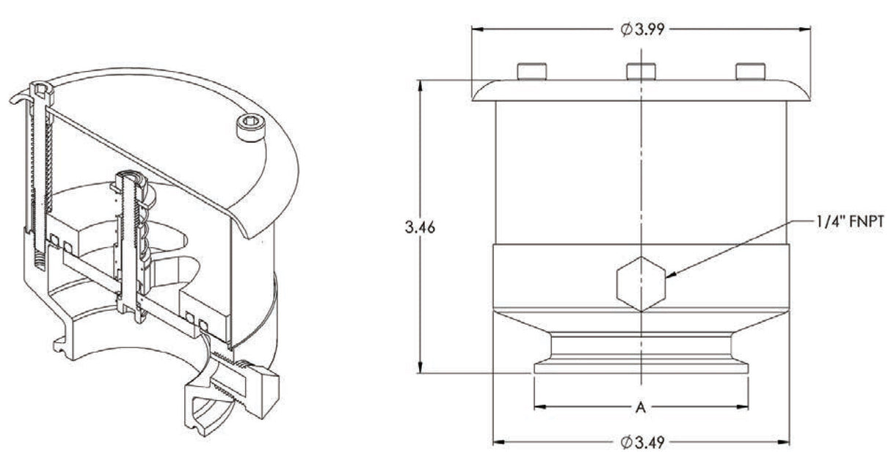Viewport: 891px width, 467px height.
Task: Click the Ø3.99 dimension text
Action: [x=641, y=29]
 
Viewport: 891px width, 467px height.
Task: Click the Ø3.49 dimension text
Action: [x=641, y=443]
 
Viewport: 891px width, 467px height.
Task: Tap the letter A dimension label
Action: [x=641, y=408]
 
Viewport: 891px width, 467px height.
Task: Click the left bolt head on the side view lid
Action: [x=533, y=72]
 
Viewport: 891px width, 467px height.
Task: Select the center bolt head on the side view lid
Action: [x=641, y=72]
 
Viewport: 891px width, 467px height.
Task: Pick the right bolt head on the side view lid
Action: [x=750, y=72]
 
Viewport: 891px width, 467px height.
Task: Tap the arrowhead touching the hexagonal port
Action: [x=671, y=275]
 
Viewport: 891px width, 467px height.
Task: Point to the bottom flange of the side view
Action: [x=641, y=367]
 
